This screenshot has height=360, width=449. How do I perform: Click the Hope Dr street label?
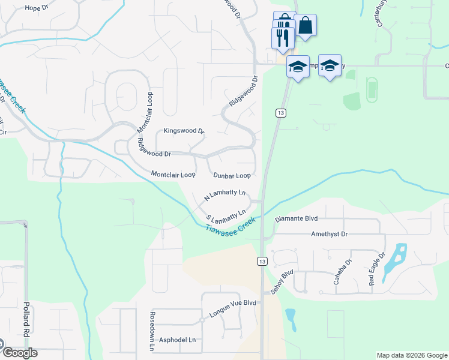(36, 8)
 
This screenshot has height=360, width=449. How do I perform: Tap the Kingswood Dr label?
(184, 131)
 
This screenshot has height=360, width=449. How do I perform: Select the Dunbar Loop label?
(232, 176)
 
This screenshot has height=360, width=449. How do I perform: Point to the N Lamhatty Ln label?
(225, 196)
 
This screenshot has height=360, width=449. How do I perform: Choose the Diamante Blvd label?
(296, 220)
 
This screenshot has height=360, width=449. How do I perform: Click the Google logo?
(19, 352)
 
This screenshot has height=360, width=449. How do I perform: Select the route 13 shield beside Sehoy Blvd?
(262, 261)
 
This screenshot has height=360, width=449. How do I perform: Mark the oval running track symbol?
(371, 90)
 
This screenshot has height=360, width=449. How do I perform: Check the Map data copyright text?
(411, 355)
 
